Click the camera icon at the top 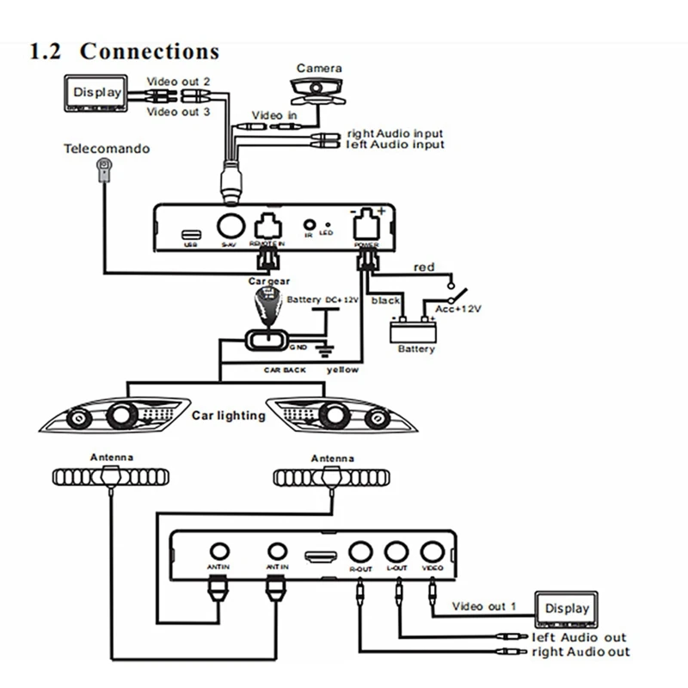[x=320, y=89]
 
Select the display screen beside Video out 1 [x=567, y=610]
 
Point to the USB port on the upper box [x=191, y=233]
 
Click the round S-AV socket [x=229, y=226]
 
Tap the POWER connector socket [x=366, y=224]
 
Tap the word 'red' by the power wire [x=424, y=267]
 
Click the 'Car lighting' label [x=228, y=415]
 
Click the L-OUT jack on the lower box [x=396, y=552]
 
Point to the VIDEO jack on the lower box [x=431, y=552]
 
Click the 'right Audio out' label [x=580, y=652]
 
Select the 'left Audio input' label [x=395, y=145]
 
